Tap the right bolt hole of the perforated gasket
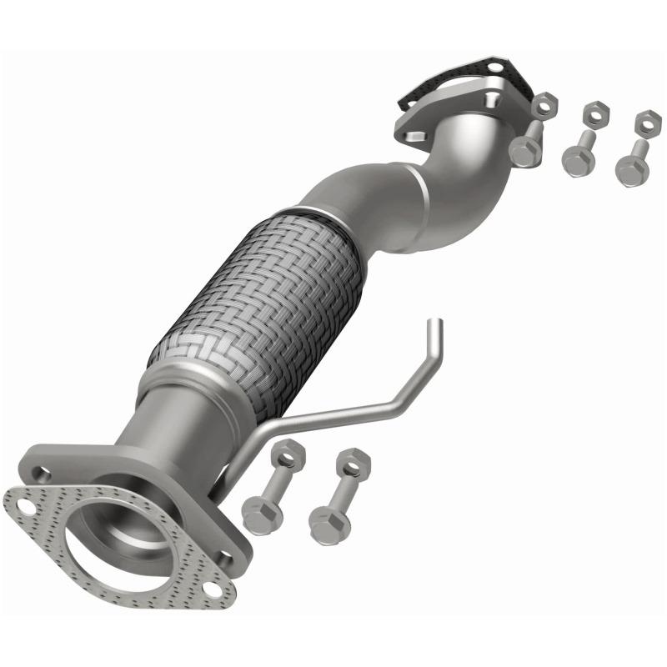click(x=212, y=589)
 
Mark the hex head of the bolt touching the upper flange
click(x=524, y=152)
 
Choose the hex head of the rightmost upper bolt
click(x=631, y=170)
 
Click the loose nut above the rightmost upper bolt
click(x=644, y=123)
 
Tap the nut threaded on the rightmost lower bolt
click(x=354, y=461)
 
